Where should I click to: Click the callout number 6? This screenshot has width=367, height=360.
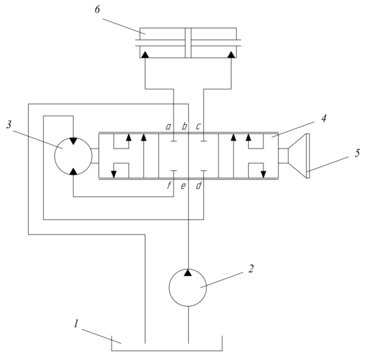[x=97, y=10]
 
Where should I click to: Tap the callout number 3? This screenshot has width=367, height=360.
[x=9, y=124]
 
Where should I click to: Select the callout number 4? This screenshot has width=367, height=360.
[x=324, y=118]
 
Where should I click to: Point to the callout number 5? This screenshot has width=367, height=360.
[x=357, y=153]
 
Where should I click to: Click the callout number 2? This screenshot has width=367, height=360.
[x=251, y=268]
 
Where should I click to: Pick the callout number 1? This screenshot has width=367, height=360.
[x=76, y=324]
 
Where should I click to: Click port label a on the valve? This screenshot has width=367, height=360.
[x=168, y=127]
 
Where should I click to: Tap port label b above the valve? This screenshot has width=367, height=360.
[x=185, y=126]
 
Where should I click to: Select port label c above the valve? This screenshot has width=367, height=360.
[x=198, y=127]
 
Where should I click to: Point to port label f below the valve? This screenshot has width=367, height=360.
[x=169, y=186]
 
